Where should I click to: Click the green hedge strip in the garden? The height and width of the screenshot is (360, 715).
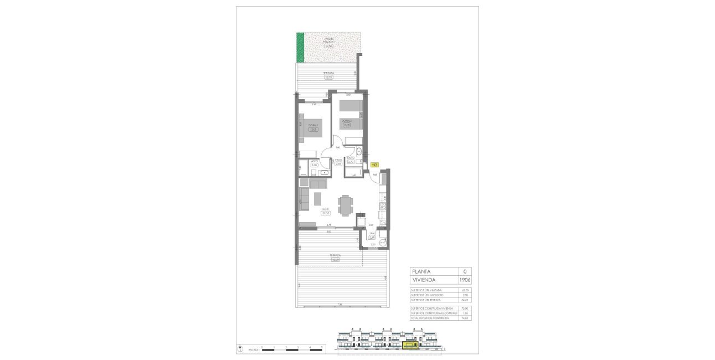[300, 48]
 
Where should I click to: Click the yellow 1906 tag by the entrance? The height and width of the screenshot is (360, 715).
[375, 164]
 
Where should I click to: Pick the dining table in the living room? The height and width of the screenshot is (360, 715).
[346, 204]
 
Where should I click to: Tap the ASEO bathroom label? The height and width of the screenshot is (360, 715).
[313, 161]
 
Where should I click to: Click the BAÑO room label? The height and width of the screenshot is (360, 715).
[351, 158]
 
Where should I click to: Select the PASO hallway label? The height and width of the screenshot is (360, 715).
[338, 160]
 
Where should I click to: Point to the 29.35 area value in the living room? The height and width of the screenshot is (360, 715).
[326, 213]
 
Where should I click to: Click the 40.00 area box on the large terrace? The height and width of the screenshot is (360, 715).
[336, 259]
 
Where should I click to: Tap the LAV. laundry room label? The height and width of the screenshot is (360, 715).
[372, 234]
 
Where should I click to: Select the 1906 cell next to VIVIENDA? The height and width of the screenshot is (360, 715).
[465, 280]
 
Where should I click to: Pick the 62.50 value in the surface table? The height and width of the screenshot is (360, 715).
[465, 291]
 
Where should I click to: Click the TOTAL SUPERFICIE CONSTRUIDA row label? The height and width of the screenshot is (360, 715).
[431, 318]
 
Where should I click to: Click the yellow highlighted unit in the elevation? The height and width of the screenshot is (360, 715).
[410, 346]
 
